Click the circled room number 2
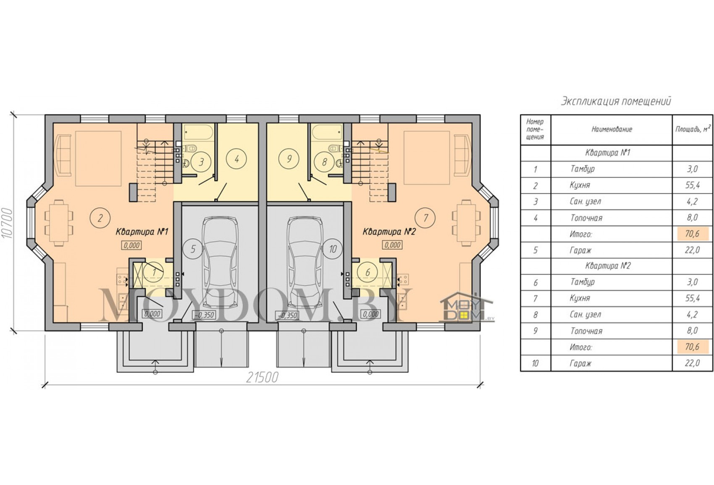[x=100, y=218]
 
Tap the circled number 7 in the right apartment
[x=425, y=218]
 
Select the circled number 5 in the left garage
[x=193, y=249]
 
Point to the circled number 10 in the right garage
[x=333, y=249]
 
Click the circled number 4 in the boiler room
[x=236, y=159]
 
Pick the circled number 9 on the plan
[x=289, y=159]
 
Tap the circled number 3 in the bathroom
[x=201, y=162]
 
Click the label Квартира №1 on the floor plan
[x=142, y=232]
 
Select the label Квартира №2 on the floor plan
[x=389, y=232]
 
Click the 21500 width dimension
[x=262, y=378]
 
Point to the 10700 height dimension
[x=7, y=223]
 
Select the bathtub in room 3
[x=198, y=132]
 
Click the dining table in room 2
[x=59, y=223]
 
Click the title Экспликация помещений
[x=616, y=101]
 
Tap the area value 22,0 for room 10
[x=692, y=363]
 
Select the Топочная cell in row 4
[x=586, y=218]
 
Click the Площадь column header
[x=693, y=129]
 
